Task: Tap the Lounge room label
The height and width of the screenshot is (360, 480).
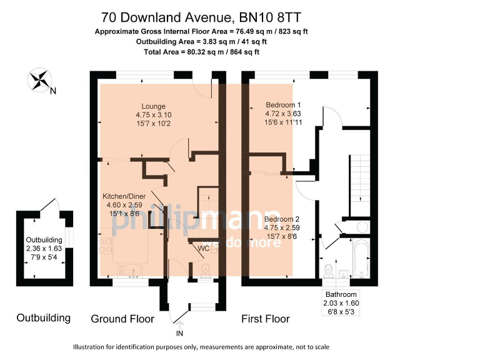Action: [153, 105]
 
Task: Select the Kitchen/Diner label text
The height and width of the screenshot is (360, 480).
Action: [124, 196]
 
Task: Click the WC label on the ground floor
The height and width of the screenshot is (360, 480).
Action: [203, 248]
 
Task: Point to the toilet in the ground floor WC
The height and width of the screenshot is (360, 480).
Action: [203, 269]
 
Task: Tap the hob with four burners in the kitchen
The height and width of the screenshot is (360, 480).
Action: [105, 245]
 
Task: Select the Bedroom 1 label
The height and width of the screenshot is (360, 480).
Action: [284, 104]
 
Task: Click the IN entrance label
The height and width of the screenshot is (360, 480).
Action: [180, 334]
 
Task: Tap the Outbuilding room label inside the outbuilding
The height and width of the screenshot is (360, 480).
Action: [44, 240]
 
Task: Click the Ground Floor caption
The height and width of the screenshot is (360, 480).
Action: [122, 319]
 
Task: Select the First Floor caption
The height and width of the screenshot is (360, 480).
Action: [266, 319]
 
